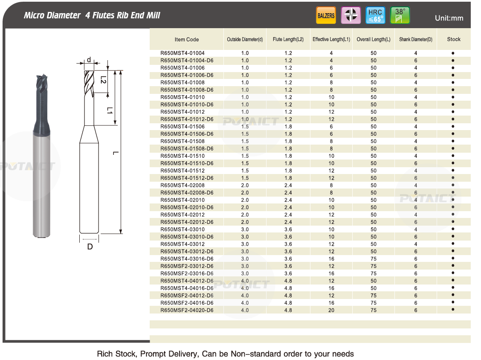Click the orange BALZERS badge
(326, 16)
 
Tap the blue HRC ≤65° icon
(375, 16)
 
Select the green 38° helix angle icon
(400, 16)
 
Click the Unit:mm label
(449, 18)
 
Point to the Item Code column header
(187, 40)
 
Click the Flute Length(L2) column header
(288, 40)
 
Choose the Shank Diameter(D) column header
(416, 40)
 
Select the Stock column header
(454, 39)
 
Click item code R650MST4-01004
(183, 53)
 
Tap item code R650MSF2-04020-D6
(187, 310)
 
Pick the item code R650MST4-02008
(183, 186)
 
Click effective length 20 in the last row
(331, 310)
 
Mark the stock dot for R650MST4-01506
(453, 127)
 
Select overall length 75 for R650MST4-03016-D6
(374, 259)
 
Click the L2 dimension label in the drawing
(103, 79)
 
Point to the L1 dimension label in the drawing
(109, 110)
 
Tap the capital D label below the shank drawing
(90, 247)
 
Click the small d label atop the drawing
(89, 60)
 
